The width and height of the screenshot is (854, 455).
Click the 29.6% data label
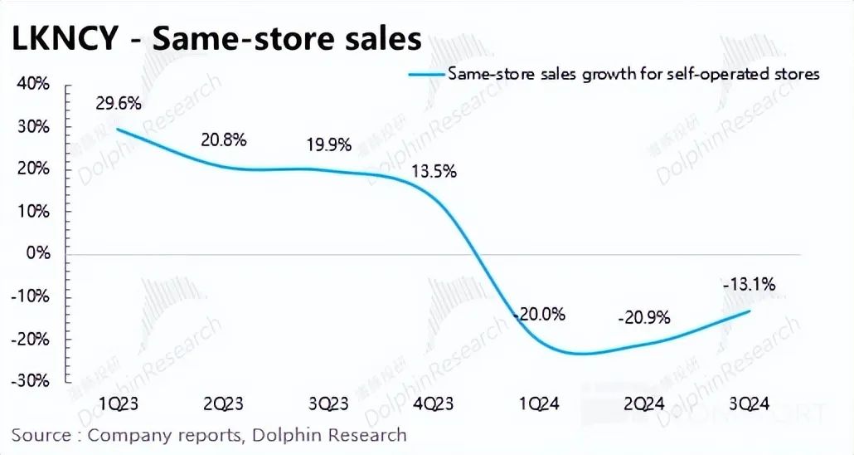coord(118,104)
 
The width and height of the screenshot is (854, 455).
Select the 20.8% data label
coord(224,139)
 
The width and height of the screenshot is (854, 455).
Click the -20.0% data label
coord(540,315)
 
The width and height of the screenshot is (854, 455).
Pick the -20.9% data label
coord(644,318)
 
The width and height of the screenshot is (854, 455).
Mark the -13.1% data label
coord(750,286)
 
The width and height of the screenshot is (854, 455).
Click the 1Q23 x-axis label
coord(118,404)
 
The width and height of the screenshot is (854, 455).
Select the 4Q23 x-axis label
coord(434,404)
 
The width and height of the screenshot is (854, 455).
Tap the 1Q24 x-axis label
coord(540,404)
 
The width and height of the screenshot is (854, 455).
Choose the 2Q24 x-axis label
coord(644,404)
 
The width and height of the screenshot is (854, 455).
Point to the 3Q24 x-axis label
coord(750,404)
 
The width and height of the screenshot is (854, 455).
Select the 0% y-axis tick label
coord(38,253)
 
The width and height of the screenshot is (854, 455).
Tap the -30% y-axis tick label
coord(31,381)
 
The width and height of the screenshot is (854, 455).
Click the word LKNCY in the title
coord(62,39)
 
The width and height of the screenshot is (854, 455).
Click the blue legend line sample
coord(426,74)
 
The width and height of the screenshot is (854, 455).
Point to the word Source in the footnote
coord(40,435)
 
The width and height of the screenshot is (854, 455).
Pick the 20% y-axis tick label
coord(33,169)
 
